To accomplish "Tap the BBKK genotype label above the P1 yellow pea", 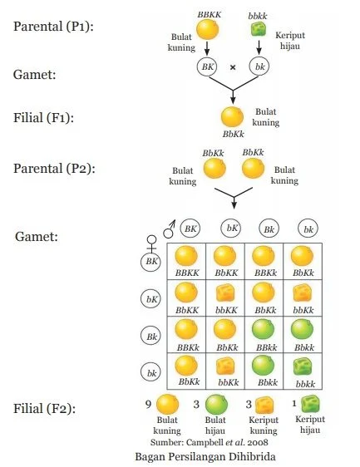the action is click(210, 15).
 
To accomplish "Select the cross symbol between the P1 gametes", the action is click(233, 67).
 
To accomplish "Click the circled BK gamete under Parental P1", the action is click(207, 66).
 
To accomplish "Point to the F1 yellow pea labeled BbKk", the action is click(232, 117).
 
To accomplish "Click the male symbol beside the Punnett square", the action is click(170, 229).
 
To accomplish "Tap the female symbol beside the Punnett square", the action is click(151, 243).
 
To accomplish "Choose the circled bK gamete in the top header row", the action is click(231, 229).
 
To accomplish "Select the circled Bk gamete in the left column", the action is click(150, 337).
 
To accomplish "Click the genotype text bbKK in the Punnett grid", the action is click(226, 310).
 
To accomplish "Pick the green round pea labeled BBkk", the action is click(264, 330).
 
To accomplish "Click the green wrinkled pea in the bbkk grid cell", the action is click(303, 366).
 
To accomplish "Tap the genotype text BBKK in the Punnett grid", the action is click(187, 273).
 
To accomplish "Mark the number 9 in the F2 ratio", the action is click(149, 404).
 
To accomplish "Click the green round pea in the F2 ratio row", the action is click(216, 405).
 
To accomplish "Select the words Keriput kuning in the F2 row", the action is click(264, 425).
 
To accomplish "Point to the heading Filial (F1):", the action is click(43, 118).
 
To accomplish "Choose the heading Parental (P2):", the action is click(54, 169).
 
